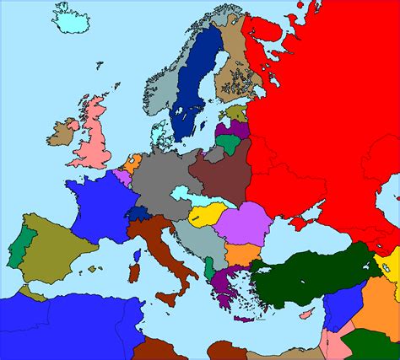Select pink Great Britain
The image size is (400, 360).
click(x=92, y=139)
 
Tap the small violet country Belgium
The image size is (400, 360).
click(x=124, y=178)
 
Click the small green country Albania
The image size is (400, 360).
click(x=208, y=270)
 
